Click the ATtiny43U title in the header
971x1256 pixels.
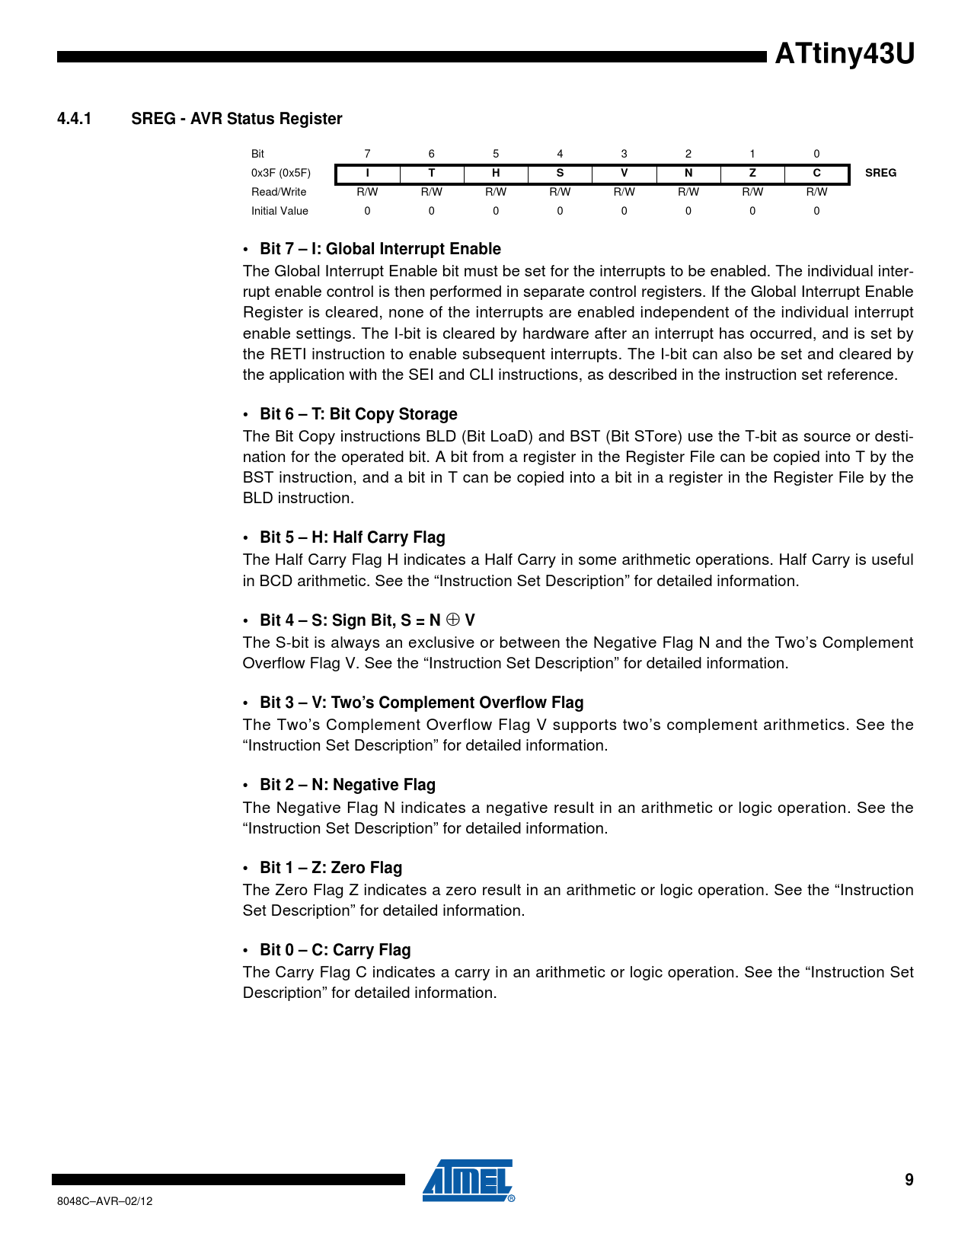[844, 55]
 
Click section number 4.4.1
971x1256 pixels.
[74, 119]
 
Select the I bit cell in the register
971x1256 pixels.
[367, 173]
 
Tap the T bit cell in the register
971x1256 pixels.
[431, 173]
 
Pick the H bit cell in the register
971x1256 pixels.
[496, 173]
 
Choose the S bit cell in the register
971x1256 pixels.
[560, 173]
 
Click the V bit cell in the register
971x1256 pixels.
[624, 173]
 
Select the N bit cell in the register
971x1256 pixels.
[688, 173]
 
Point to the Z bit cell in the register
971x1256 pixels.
[752, 173]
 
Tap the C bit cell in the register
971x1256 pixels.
[816, 173]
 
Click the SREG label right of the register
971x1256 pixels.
[880, 173]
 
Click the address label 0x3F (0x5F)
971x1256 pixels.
[281, 173]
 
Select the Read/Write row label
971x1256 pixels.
[279, 192]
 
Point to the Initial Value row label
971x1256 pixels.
[279, 211]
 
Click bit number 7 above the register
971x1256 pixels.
[367, 154]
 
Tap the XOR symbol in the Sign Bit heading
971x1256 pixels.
[452, 620]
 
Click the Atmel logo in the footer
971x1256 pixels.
[468, 1181]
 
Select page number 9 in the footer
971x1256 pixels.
[909, 1180]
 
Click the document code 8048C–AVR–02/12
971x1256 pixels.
[105, 1201]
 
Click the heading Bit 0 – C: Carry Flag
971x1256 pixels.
[335, 950]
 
